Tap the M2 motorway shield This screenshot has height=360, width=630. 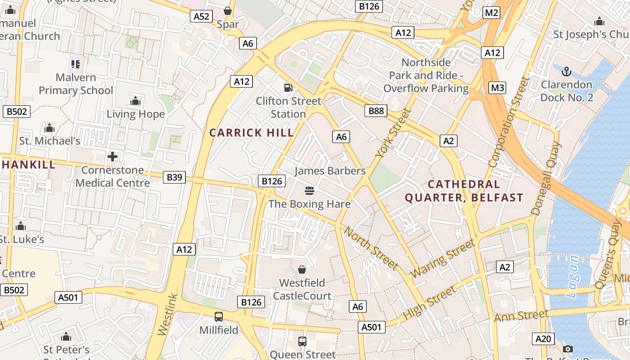[491, 13]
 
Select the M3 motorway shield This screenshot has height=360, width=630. [497, 88]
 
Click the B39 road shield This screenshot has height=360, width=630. [174, 177]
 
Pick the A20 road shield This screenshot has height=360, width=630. [543, 339]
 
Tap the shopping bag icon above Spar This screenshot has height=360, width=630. [228, 11]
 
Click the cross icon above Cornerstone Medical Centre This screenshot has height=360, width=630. [112, 157]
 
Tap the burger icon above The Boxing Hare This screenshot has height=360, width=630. [309, 191]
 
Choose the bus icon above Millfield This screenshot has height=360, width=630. [219, 317]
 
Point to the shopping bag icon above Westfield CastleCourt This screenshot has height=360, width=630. [302, 270]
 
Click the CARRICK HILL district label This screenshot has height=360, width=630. [252, 133]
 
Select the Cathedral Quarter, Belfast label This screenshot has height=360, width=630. [464, 191]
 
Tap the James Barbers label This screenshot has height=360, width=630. [330, 171]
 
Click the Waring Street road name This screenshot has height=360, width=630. [442, 259]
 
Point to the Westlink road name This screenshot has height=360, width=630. [168, 315]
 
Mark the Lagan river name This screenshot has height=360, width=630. [573, 278]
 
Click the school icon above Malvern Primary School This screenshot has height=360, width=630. [75, 64]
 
